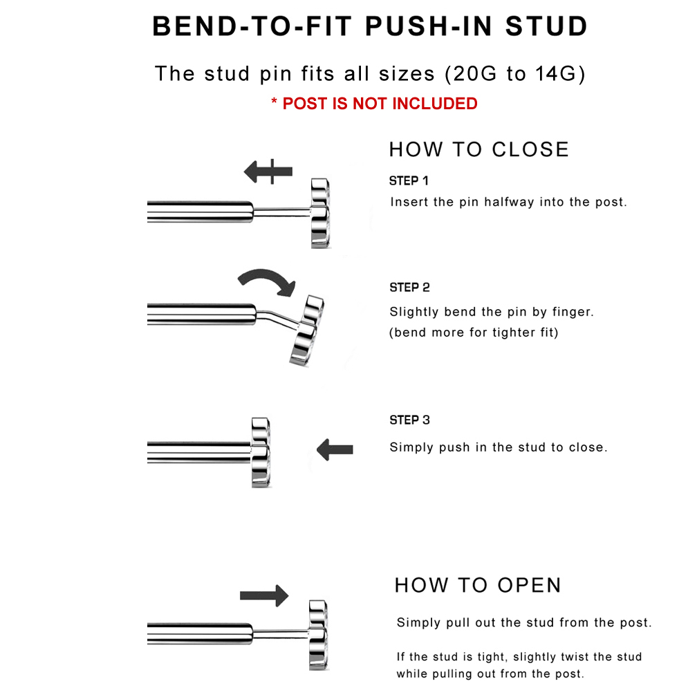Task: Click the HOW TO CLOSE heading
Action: pos(478,149)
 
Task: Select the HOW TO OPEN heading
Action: pos(478,585)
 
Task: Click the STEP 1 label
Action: pos(409,181)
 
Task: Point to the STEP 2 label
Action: pos(409,288)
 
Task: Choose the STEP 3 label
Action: pos(409,420)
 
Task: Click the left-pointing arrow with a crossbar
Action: pos(268,171)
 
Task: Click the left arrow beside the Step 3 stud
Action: pos(335,449)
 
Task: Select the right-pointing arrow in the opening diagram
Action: pos(264,595)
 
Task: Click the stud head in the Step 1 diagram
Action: pos(320,214)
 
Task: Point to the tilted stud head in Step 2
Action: pos(307,331)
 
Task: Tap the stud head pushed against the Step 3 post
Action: pos(261,452)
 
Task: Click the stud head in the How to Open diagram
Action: pos(319,635)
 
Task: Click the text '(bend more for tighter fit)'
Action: pos(474,333)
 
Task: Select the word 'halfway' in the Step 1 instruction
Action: pos(509,202)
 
